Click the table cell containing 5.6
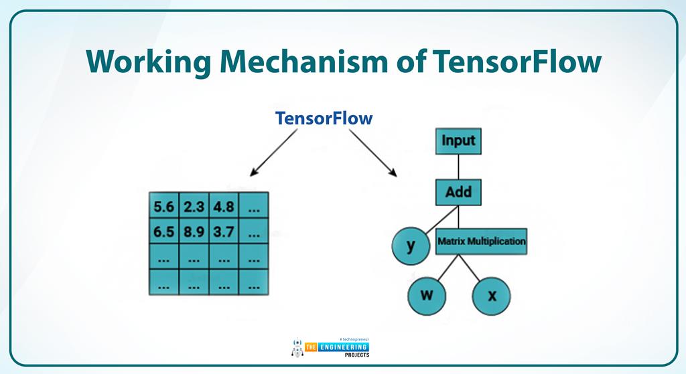click(x=163, y=207)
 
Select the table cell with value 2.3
click(x=194, y=207)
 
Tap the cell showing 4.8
click(x=224, y=207)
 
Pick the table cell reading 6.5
click(x=163, y=233)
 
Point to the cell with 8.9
click(x=194, y=233)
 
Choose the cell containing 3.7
click(x=224, y=233)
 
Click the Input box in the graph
click(x=458, y=141)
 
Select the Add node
click(x=458, y=193)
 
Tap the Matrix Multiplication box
click(x=481, y=241)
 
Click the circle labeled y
click(x=411, y=246)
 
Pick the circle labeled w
click(x=426, y=295)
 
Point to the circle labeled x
click(x=492, y=295)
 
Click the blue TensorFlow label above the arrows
click(x=324, y=118)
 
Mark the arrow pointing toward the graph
click(x=372, y=152)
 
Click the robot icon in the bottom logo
click(x=297, y=348)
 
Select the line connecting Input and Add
click(x=458, y=167)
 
